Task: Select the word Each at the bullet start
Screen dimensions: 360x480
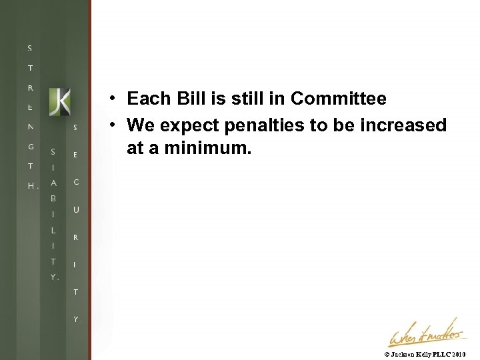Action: [147, 99]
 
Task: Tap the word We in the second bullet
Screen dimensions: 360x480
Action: [140, 125]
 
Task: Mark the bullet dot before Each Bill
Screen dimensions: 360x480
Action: [114, 99]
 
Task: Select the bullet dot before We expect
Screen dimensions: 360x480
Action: [114, 125]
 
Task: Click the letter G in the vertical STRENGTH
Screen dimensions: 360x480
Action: [30, 146]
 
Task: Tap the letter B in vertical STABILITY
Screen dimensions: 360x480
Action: [53, 199]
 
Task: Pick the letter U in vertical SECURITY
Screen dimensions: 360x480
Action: [76, 210]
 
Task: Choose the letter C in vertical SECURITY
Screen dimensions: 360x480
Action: [76, 182]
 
